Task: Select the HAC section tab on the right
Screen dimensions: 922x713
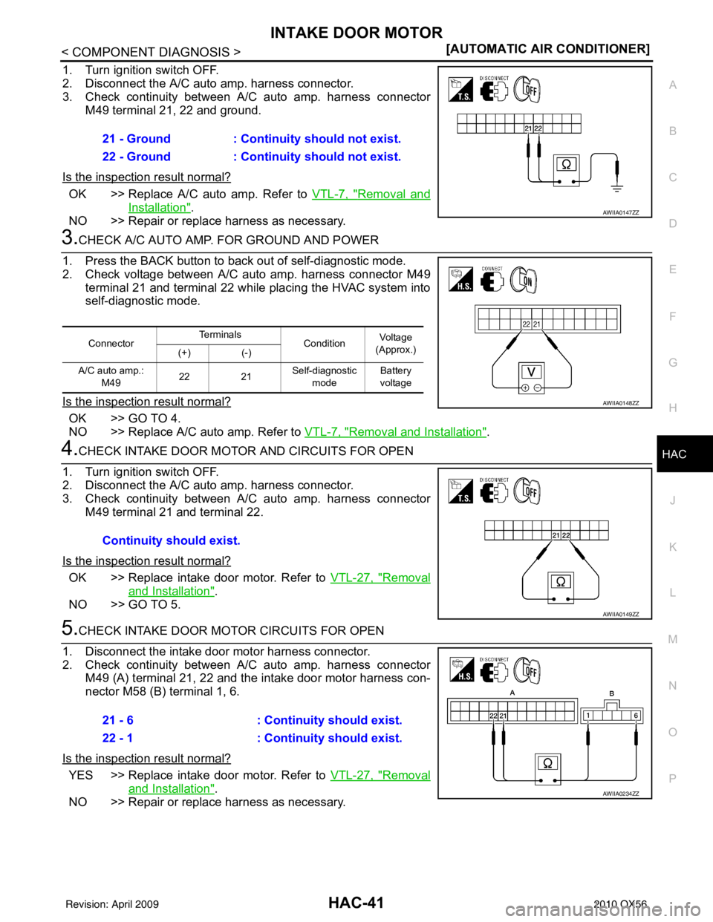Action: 674,454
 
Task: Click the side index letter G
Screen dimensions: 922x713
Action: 673,362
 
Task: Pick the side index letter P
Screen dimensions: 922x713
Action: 673,777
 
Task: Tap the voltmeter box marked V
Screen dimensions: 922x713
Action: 532,370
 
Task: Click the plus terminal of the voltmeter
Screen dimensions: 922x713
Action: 526,388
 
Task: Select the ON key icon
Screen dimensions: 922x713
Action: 527,281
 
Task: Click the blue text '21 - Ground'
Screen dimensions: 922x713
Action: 137,139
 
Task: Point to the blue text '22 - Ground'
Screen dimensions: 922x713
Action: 137,157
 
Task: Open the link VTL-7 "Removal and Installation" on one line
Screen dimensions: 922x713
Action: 395,431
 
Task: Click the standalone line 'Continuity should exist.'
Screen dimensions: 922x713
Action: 171,540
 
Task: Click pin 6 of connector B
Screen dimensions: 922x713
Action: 636,716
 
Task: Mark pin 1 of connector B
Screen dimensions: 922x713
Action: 587,716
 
